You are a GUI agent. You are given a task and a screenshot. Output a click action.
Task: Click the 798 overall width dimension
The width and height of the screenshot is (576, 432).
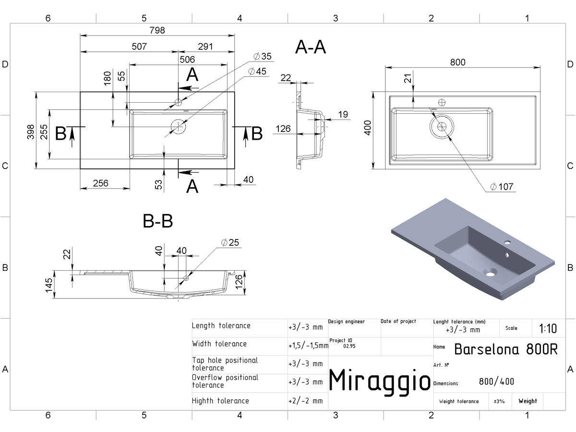(x=157, y=30)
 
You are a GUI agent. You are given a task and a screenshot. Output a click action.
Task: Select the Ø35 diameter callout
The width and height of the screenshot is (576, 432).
(x=263, y=56)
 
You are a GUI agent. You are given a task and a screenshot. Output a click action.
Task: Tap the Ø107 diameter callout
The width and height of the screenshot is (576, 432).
(x=502, y=187)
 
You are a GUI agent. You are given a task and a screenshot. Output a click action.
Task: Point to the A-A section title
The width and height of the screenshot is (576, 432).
(x=311, y=47)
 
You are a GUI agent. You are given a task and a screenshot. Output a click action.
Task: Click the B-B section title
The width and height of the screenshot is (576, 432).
(x=158, y=221)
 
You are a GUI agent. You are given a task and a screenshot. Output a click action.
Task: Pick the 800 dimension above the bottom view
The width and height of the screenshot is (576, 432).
(x=457, y=62)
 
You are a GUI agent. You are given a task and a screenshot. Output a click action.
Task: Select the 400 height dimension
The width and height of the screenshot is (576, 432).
(x=368, y=128)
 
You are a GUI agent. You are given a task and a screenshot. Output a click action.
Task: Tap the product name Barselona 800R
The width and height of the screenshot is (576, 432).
(x=505, y=349)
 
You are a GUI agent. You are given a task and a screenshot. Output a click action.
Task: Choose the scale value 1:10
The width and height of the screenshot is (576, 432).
(x=548, y=328)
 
